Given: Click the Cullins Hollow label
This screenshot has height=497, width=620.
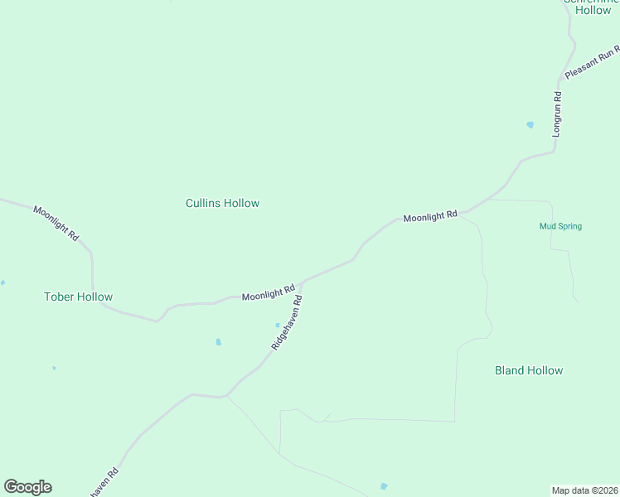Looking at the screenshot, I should [x=222, y=203].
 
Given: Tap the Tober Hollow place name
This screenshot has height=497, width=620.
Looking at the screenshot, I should [x=78, y=297].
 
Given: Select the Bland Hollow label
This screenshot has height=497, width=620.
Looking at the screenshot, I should [x=528, y=370].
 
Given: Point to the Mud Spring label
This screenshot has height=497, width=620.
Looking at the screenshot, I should [x=560, y=226].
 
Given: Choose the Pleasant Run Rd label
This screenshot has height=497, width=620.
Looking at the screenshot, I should [x=592, y=64].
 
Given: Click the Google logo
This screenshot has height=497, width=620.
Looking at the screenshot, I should [x=27, y=487].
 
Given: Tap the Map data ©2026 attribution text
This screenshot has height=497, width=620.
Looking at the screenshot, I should [x=584, y=490].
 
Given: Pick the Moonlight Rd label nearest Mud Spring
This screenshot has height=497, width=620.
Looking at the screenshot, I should [x=430, y=216].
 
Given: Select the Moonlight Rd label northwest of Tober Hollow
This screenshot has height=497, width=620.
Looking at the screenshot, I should [x=56, y=223].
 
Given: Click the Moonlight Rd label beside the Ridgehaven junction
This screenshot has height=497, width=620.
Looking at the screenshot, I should [x=269, y=293].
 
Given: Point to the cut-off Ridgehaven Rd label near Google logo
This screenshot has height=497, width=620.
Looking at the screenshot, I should [x=104, y=482].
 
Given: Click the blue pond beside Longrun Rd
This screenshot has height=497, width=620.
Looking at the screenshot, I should [x=530, y=125].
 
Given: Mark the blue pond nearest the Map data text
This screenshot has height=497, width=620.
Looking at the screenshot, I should [x=383, y=486].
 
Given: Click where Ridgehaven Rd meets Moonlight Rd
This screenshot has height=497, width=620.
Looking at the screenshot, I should [x=302, y=283].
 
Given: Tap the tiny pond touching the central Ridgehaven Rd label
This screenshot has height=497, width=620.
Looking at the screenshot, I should [x=278, y=325].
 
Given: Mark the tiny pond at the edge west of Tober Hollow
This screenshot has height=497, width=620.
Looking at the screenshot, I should [x=2, y=282].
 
